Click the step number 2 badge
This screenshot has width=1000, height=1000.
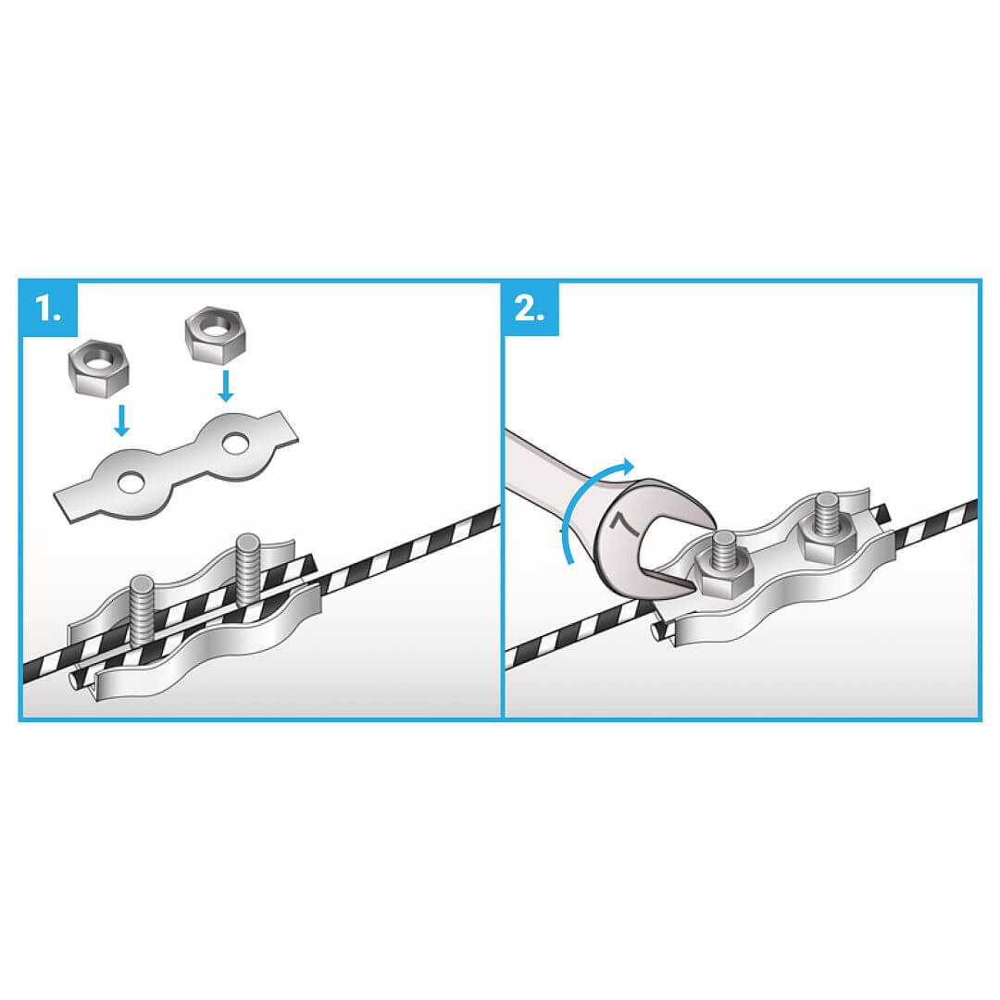tap(531, 308)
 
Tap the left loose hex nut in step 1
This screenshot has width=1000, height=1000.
tap(98, 366)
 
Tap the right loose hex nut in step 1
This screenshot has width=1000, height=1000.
tap(215, 333)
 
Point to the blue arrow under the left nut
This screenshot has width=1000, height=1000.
tap(121, 420)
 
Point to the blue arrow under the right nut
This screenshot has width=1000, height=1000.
tap(224, 386)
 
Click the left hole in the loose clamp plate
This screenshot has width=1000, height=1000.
tap(131, 482)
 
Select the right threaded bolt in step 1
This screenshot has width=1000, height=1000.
tap(247, 568)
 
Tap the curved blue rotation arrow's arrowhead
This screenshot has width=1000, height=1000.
tap(628, 466)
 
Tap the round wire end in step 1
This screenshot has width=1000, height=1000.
tap(75, 679)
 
